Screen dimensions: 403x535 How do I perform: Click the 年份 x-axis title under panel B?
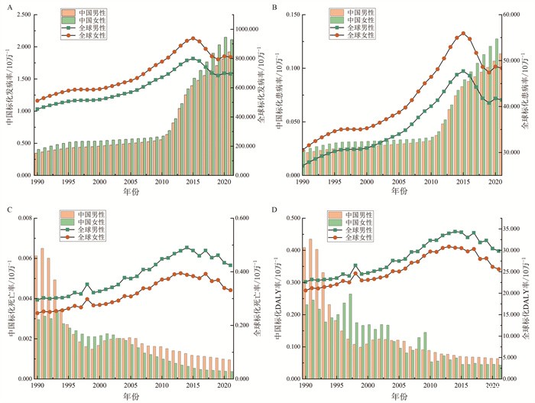pos(400,191)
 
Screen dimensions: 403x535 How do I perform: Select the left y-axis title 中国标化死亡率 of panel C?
pos(8,298)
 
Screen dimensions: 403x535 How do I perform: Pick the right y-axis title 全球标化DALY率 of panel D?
pos(528,298)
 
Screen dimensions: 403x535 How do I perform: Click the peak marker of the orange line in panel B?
pos(463,34)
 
